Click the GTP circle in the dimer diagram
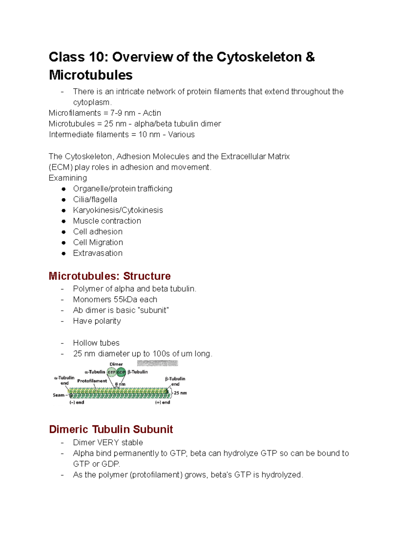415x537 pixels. (111, 372)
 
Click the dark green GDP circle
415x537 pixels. (121, 372)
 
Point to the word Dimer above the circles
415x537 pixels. (116, 364)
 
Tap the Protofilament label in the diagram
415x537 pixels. (92, 381)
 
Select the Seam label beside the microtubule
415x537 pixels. (58, 395)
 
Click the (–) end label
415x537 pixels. (77, 402)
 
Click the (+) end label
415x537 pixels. (163, 402)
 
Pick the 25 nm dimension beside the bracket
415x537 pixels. (180, 393)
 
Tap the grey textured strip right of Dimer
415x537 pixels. (157, 363)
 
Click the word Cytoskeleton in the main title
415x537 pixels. (259, 57)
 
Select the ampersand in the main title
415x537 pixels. (310, 57)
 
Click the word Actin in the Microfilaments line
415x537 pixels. (152, 113)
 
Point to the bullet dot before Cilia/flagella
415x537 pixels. (64, 200)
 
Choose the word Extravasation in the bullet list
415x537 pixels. (98, 253)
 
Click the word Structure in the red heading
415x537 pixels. (147, 276)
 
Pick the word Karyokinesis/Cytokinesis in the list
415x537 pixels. (118, 210)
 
